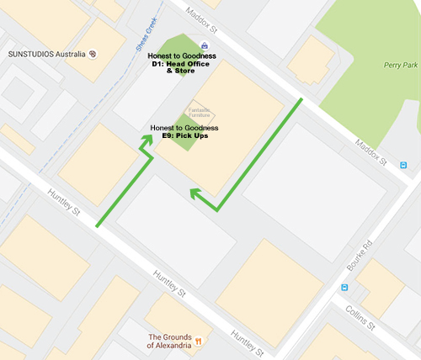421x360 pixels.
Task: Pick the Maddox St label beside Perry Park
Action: click(371, 150)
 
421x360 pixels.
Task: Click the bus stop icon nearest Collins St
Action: click(344, 288)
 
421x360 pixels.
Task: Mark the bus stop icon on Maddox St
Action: click(404, 164)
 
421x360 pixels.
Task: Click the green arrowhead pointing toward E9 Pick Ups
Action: click(146, 141)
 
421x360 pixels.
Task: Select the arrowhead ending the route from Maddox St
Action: click(195, 193)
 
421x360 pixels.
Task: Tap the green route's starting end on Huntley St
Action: click(99, 225)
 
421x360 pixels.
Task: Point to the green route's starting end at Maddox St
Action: click(301, 99)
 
